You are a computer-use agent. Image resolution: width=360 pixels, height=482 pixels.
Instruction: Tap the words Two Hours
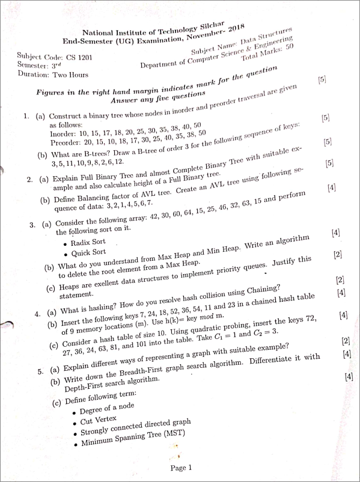(70, 75)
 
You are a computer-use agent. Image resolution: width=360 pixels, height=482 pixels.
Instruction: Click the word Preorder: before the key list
(66, 143)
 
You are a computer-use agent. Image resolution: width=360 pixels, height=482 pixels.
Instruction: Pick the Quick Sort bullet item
(88, 252)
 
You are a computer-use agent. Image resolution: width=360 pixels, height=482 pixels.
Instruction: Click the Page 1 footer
(180, 468)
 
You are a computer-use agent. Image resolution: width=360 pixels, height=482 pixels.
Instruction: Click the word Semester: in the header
(34, 65)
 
